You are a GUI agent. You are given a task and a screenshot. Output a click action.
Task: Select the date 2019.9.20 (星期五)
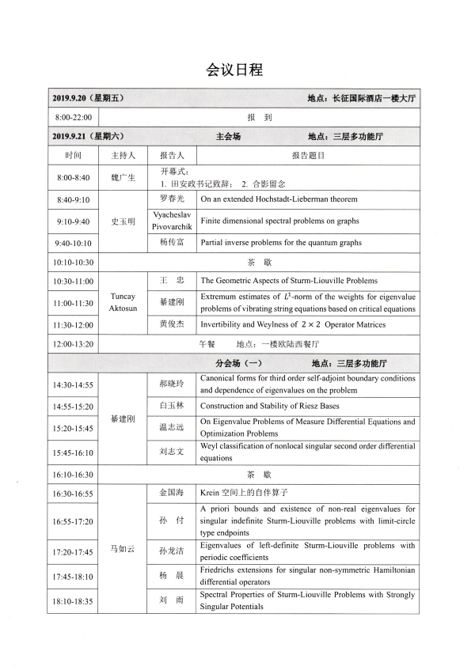[88, 98]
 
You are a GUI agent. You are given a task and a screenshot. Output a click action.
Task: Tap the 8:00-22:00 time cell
[73, 117]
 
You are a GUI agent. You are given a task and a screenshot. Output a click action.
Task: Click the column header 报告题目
[308, 156]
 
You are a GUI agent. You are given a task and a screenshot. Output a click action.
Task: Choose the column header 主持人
[123, 156]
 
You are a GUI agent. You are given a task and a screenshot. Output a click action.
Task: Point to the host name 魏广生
[123, 177]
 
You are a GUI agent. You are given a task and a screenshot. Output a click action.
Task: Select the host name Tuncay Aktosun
[123, 302]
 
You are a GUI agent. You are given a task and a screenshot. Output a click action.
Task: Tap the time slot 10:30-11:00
[73, 281]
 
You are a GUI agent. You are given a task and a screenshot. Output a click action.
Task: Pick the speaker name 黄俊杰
[172, 324]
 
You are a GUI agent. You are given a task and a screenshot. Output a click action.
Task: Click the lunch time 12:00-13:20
[73, 344]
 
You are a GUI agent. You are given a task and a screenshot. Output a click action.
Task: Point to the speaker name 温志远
[172, 428]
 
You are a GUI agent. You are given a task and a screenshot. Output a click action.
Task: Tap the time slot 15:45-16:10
[73, 453]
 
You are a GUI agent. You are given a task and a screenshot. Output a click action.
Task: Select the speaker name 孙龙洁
[172, 551]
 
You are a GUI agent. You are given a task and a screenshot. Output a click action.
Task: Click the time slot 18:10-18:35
[73, 601]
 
